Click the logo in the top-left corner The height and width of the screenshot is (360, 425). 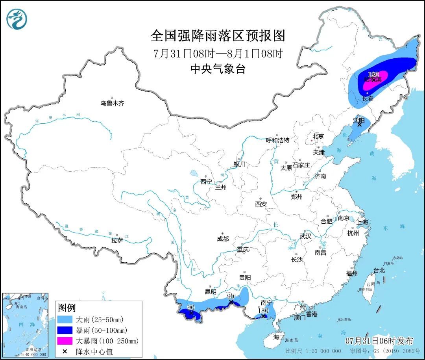tap(17, 19)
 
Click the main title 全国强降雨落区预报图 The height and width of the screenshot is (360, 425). tap(218, 36)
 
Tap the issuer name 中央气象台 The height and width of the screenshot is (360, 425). tap(218, 69)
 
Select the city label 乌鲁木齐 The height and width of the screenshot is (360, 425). tap(112, 104)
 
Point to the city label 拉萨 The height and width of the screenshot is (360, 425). tap(117, 240)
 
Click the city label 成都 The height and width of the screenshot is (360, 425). tap(222, 239)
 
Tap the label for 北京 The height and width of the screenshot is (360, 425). tap(318, 136)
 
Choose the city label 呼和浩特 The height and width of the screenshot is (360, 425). tap(277, 140)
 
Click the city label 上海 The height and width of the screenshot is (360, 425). tap(362, 222)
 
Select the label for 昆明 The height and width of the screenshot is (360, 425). tap(211, 292)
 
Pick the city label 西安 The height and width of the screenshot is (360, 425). tap(261, 204)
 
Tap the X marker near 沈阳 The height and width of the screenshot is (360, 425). tap(359, 124)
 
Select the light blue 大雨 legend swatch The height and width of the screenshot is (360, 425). tap(65, 319)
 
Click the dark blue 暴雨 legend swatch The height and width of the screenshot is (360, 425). tap(65, 330)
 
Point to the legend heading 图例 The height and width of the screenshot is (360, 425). tap(67, 308)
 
